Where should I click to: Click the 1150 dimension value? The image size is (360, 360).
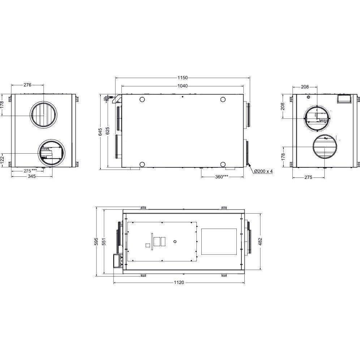tap(183, 78)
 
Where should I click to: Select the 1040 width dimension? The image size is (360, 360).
tap(183, 86)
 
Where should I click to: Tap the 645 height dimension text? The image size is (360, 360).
tap(100, 132)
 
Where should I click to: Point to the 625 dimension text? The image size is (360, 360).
tap(107, 130)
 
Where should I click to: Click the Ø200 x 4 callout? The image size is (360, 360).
tap(263, 171)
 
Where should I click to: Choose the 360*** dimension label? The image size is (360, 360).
tap(222, 177)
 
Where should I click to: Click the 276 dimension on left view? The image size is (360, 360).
tap(27, 85)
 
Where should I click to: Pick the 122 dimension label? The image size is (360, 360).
tap(2, 159)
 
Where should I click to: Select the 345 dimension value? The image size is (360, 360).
tap(32, 176)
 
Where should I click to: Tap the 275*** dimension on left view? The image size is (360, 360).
tap(30, 171)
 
